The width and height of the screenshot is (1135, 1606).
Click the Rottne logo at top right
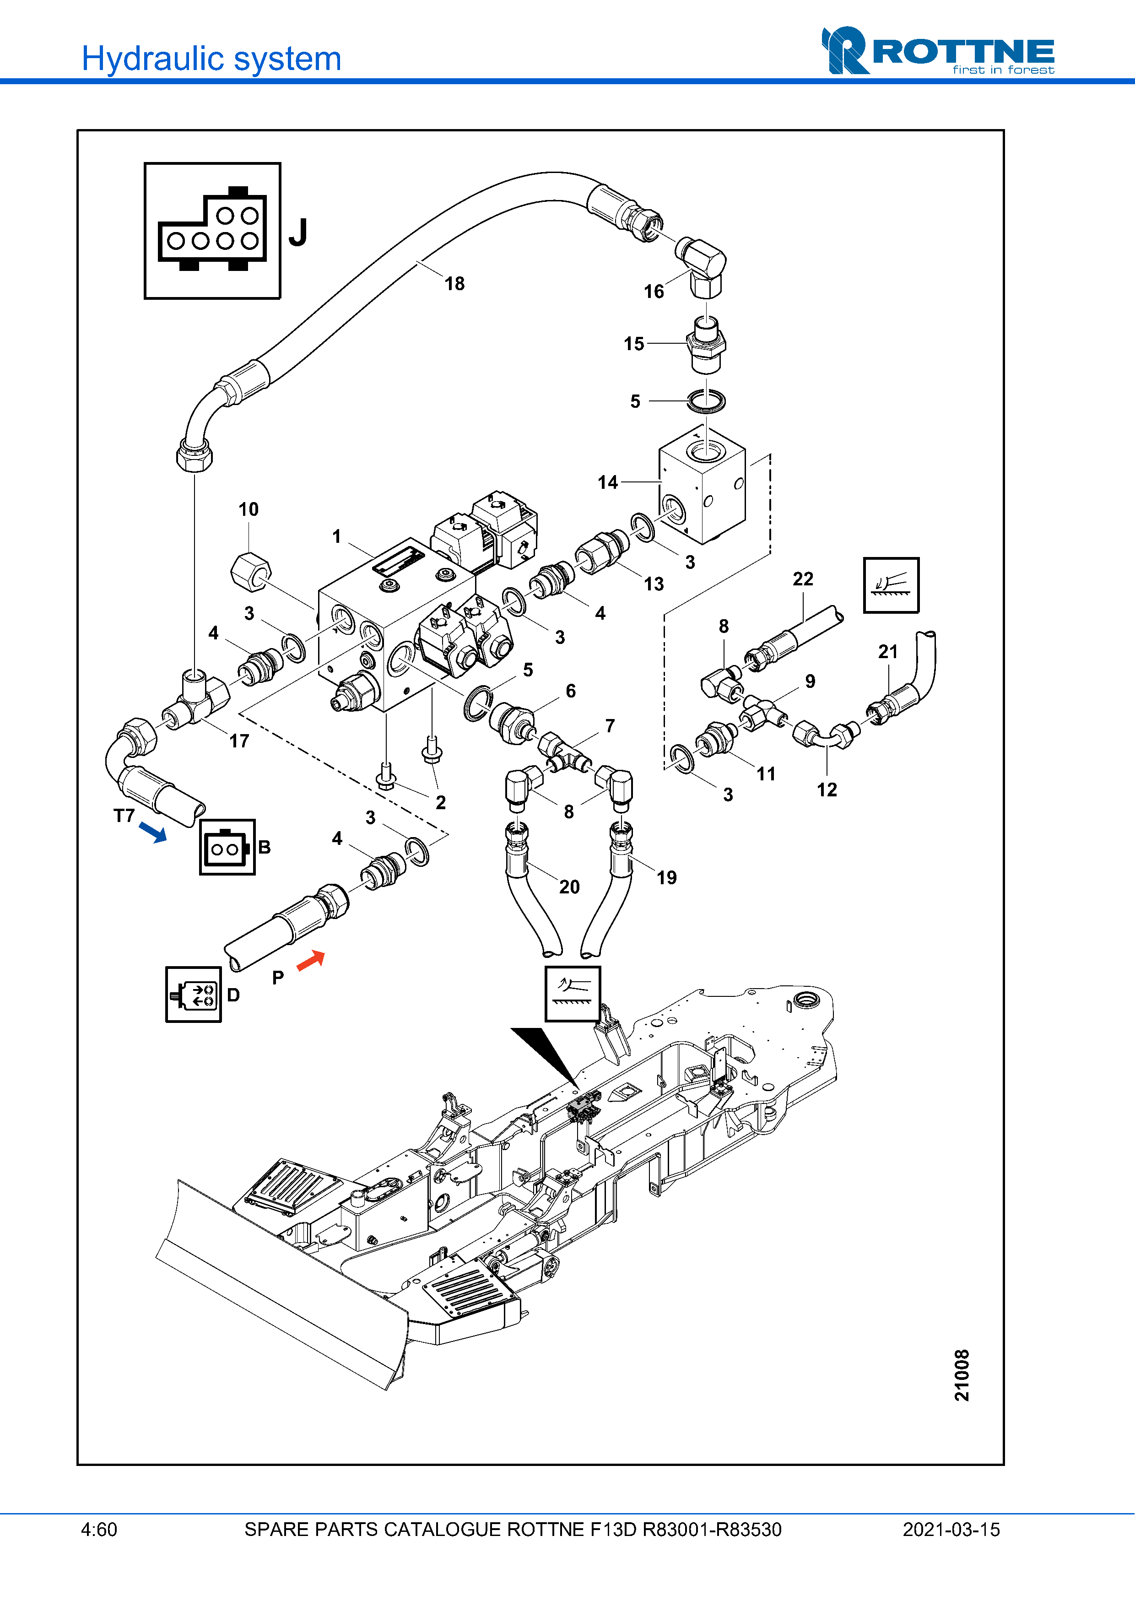pyautogui.click(x=937, y=50)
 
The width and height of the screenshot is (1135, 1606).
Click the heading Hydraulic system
pyautogui.click(x=211, y=59)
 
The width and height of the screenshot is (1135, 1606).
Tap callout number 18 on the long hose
pyautogui.click(x=454, y=284)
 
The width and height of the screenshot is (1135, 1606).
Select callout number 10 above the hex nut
pyautogui.click(x=248, y=509)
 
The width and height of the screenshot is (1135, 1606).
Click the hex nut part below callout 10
pyautogui.click(x=250, y=570)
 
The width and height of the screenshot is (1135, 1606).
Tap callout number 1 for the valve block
pyautogui.click(x=336, y=536)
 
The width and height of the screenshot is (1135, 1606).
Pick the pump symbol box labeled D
pyautogui.click(x=194, y=995)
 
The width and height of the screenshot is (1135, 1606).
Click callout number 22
pyautogui.click(x=803, y=579)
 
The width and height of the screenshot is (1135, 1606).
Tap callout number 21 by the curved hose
pyautogui.click(x=887, y=652)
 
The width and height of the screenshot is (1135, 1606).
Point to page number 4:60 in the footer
pyautogui.click(x=99, y=1530)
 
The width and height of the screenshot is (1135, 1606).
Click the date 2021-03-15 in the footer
pyautogui.click(x=951, y=1530)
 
